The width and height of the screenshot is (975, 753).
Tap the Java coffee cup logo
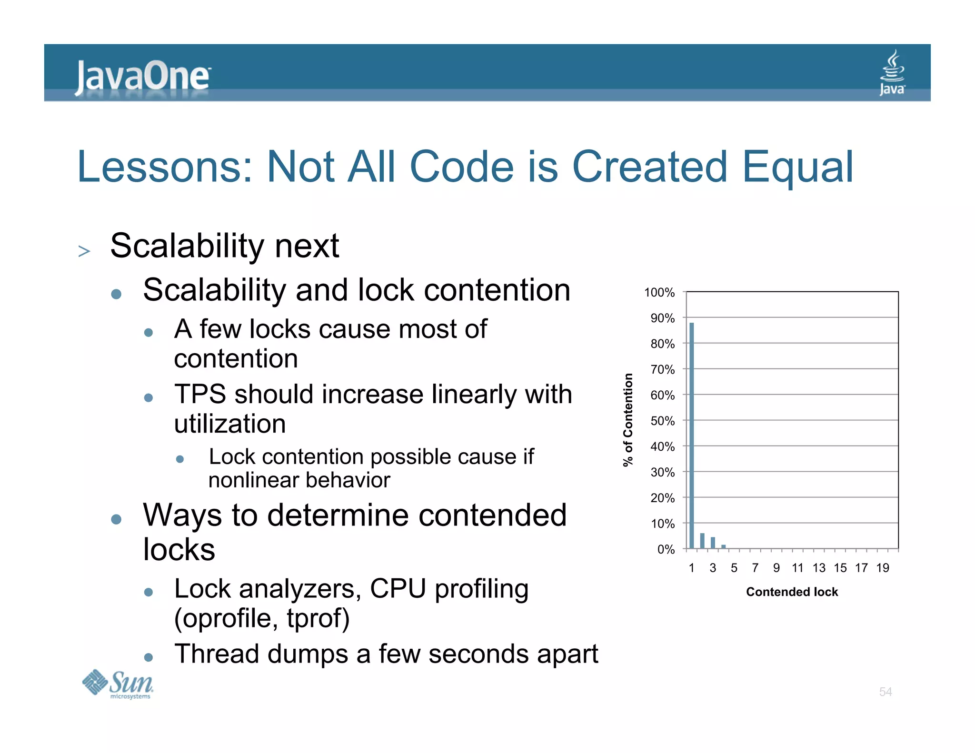pos(892,73)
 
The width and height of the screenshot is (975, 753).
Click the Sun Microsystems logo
pos(118,684)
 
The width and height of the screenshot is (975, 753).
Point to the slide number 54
pos(885,692)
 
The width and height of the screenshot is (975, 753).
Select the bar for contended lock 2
pos(702,541)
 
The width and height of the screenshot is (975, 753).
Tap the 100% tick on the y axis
pos(659,292)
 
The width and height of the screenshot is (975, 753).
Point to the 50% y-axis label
pos(662,421)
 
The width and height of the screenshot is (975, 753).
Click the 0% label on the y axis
pos(666,549)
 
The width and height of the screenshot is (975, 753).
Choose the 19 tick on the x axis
pos(882,567)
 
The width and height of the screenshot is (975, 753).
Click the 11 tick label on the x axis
pos(797,567)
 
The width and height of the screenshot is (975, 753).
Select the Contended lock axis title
pos(791,592)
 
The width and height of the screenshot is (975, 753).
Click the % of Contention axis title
pos(628,420)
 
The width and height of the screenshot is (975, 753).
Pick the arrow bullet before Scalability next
pos(84,251)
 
